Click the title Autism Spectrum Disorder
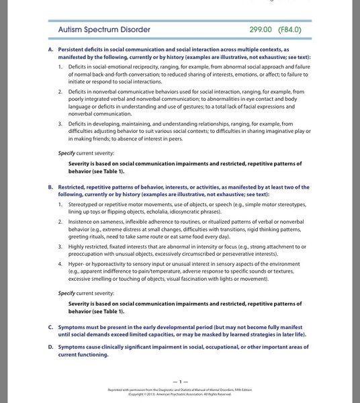104,30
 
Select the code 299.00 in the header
261,30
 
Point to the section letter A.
51,50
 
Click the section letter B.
51,187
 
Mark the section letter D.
51,347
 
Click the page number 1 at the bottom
180,381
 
